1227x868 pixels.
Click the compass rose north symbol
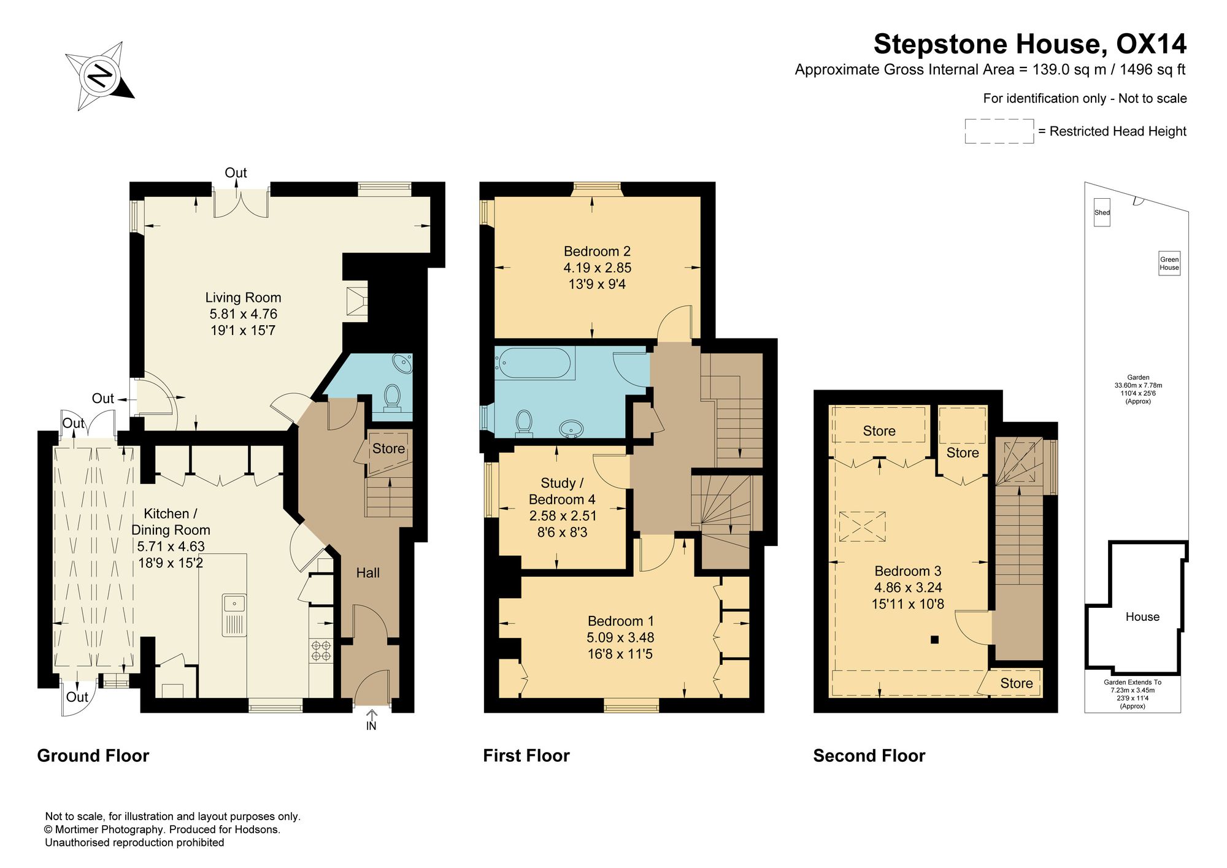coord(100,76)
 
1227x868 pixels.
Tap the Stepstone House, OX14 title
coord(1029,44)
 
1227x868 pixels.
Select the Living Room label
coord(243,298)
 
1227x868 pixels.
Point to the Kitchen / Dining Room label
coord(171,521)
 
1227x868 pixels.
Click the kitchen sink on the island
coord(234,615)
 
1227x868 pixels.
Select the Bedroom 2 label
coord(597,252)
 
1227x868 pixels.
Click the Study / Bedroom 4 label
coord(561,491)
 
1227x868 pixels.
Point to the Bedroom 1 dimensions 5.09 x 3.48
coord(620,637)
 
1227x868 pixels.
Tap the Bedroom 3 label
coord(908,571)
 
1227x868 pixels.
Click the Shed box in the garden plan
coord(1102,212)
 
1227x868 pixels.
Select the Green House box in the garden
coord(1169,263)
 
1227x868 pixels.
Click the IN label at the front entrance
coord(371,726)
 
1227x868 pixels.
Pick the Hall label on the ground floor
coord(368,573)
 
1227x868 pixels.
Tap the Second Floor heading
coord(869,756)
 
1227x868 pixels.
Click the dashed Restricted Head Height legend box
coord(999,131)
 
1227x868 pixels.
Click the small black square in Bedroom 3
coord(934,640)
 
